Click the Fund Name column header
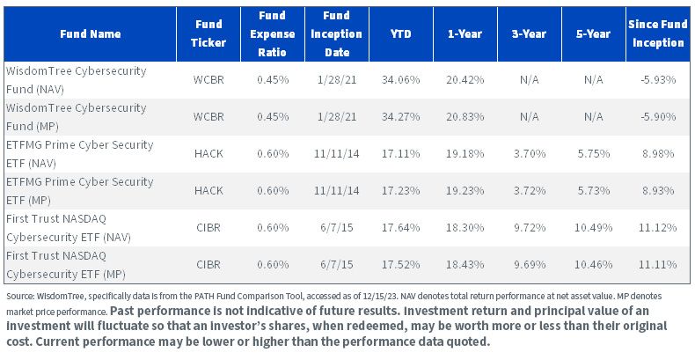[x=91, y=33]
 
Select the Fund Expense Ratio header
[x=272, y=33]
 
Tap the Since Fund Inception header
[x=658, y=33]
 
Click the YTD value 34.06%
[x=400, y=80]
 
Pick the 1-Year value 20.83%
[x=465, y=116]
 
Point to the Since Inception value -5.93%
[x=658, y=80]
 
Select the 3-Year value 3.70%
[x=530, y=153]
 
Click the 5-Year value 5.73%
[x=594, y=190]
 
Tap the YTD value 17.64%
[x=400, y=227]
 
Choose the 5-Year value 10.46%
[x=594, y=264]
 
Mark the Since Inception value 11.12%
[x=658, y=227]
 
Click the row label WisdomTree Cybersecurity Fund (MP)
[x=77, y=117]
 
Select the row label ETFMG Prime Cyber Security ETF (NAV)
[x=80, y=154]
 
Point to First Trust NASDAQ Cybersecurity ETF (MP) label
[x=66, y=265]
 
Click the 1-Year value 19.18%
[x=465, y=153]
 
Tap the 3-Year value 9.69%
[x=530, y=264]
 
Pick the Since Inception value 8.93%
[x=658, y=190]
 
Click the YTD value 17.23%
[x=400, y=190]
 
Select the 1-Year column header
[x=465, y=33]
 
